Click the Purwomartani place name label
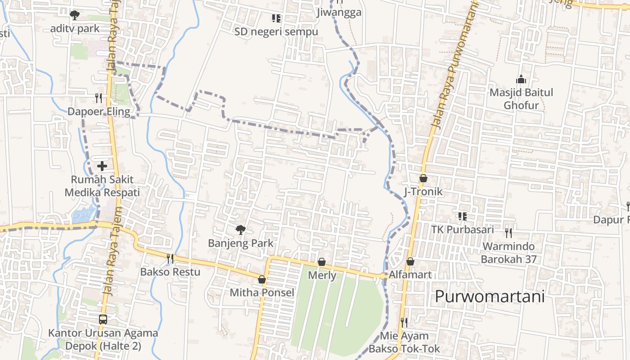click(490, 297)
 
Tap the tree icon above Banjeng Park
click(241, 230)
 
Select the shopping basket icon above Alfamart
click(410, 261)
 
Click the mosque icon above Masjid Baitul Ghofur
click(521, 80)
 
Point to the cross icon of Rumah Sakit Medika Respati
click(102, 166)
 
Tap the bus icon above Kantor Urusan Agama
click(103, 319)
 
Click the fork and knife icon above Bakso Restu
click(170, 258)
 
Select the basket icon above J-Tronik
click(423, 179)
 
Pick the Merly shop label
click(322, 275)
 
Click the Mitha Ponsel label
click(262, 292)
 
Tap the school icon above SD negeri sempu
click(276, 18)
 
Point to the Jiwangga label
click(339, 12)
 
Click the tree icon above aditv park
click(75, 15)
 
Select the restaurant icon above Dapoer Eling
click(99, 98)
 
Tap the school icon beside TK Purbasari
click(462, 216)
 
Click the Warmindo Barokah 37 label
click(508, 253)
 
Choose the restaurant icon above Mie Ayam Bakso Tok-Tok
click(404, 322)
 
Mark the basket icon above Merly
click(322, 262)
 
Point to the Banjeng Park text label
click(240, 243)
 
